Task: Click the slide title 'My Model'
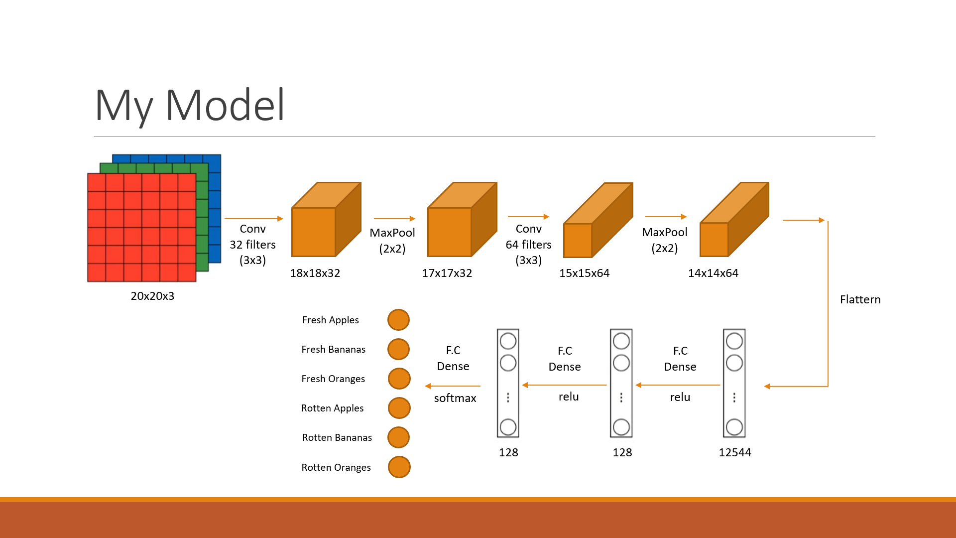coord(190,105)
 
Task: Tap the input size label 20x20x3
coord(152,296)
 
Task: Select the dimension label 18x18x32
coord(315,273)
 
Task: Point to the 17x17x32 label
coord(447,273)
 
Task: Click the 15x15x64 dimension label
coord(584,273)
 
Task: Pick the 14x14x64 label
coord(713,273)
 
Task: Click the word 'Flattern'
coord(860,299)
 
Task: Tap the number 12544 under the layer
coord(734,452)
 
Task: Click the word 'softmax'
coord(455,398)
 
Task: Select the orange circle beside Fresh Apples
coord(398,320)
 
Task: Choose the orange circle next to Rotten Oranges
coord(399,467)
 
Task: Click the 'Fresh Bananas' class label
coord(333,349)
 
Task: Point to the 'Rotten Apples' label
coord(332,408)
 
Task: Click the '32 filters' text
coord(252,245)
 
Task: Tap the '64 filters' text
coord(528,245)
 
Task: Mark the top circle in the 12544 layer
coord(734,341)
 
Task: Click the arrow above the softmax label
coord(453,386)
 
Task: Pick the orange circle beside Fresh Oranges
coord(399,379)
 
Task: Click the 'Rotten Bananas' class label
coord(337,437)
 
